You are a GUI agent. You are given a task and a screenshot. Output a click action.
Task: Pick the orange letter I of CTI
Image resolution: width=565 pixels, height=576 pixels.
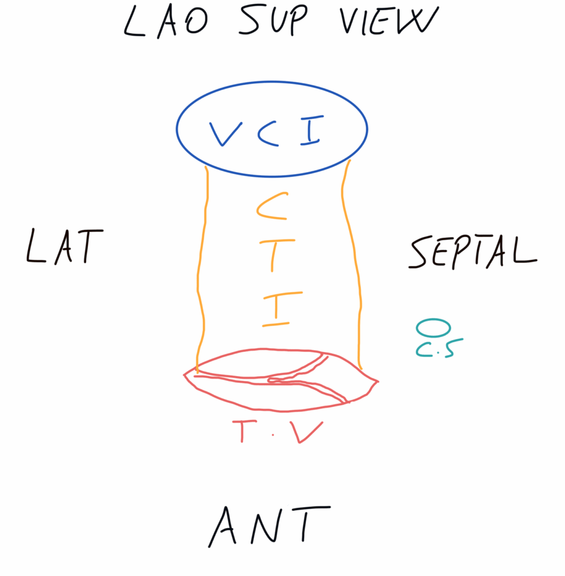click(x=275, y=309)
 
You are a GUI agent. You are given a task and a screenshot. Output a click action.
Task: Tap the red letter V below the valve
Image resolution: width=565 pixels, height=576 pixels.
click(x=308, y=432)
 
